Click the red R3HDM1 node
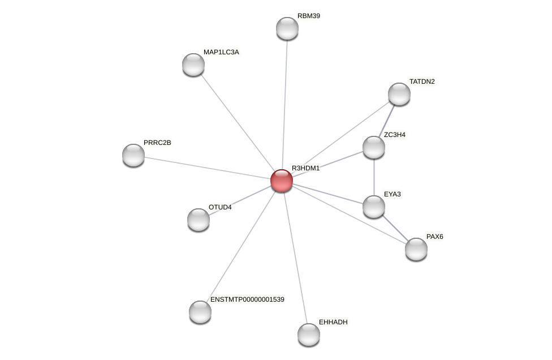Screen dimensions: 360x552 click(x=282, y=181)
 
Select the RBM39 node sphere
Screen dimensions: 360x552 click(x=287, y=28)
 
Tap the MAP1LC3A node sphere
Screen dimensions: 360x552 click(x=193, y=65)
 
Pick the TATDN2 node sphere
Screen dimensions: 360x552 click(x=399, y=94)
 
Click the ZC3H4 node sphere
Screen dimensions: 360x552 click(x=374, y=147)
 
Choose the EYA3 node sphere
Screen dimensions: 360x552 click(x=374, y=207)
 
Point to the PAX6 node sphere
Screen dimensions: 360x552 click(x=416, y=249)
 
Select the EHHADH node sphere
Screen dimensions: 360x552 click(x=309, y=335)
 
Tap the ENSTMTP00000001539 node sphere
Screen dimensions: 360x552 click(x=200, y=312)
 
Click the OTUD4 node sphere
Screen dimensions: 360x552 click(x=199, y=220)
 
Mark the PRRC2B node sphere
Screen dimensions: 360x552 click(x=133, y=155)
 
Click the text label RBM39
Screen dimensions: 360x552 click(x=309, y=16)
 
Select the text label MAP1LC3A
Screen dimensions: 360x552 click(x=221, y=52)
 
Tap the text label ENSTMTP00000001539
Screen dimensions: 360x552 click(x=247, y=299)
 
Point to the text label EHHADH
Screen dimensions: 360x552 click(x=333, y=322)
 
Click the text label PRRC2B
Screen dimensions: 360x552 click(x=157, y=143)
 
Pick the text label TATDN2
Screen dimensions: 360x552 click(x=422, y=82)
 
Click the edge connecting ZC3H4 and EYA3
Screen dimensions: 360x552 click(x=374, y=177)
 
